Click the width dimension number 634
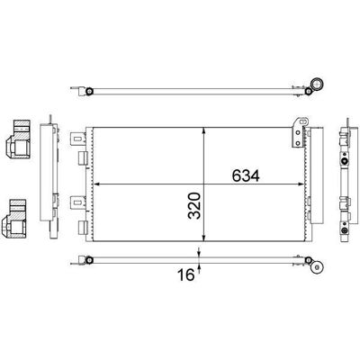246,175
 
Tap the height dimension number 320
194,206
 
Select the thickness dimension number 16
186,274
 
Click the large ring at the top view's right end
317,84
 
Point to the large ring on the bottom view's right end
317,267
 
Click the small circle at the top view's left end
89,91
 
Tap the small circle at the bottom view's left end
89,260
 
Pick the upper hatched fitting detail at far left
18,139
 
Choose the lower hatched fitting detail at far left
15,219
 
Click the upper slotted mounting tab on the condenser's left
77,139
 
